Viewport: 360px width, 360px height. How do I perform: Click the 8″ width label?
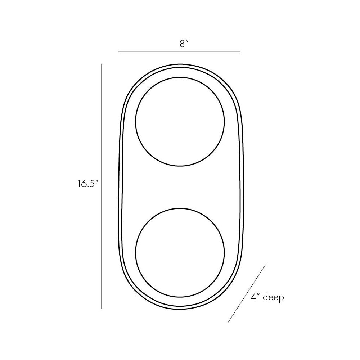(184, 44)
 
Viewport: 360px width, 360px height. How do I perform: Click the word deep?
(273, 298)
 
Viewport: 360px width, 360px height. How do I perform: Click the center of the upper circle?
(180, 121)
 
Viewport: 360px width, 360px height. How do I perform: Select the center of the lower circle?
(180, 253)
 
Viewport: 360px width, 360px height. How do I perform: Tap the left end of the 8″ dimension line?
(118, 52)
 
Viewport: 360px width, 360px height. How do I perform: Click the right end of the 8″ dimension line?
(240, 52)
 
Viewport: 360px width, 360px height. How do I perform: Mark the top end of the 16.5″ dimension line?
(102, 64)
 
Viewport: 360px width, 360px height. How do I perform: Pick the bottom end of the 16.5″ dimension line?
(102, 309)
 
